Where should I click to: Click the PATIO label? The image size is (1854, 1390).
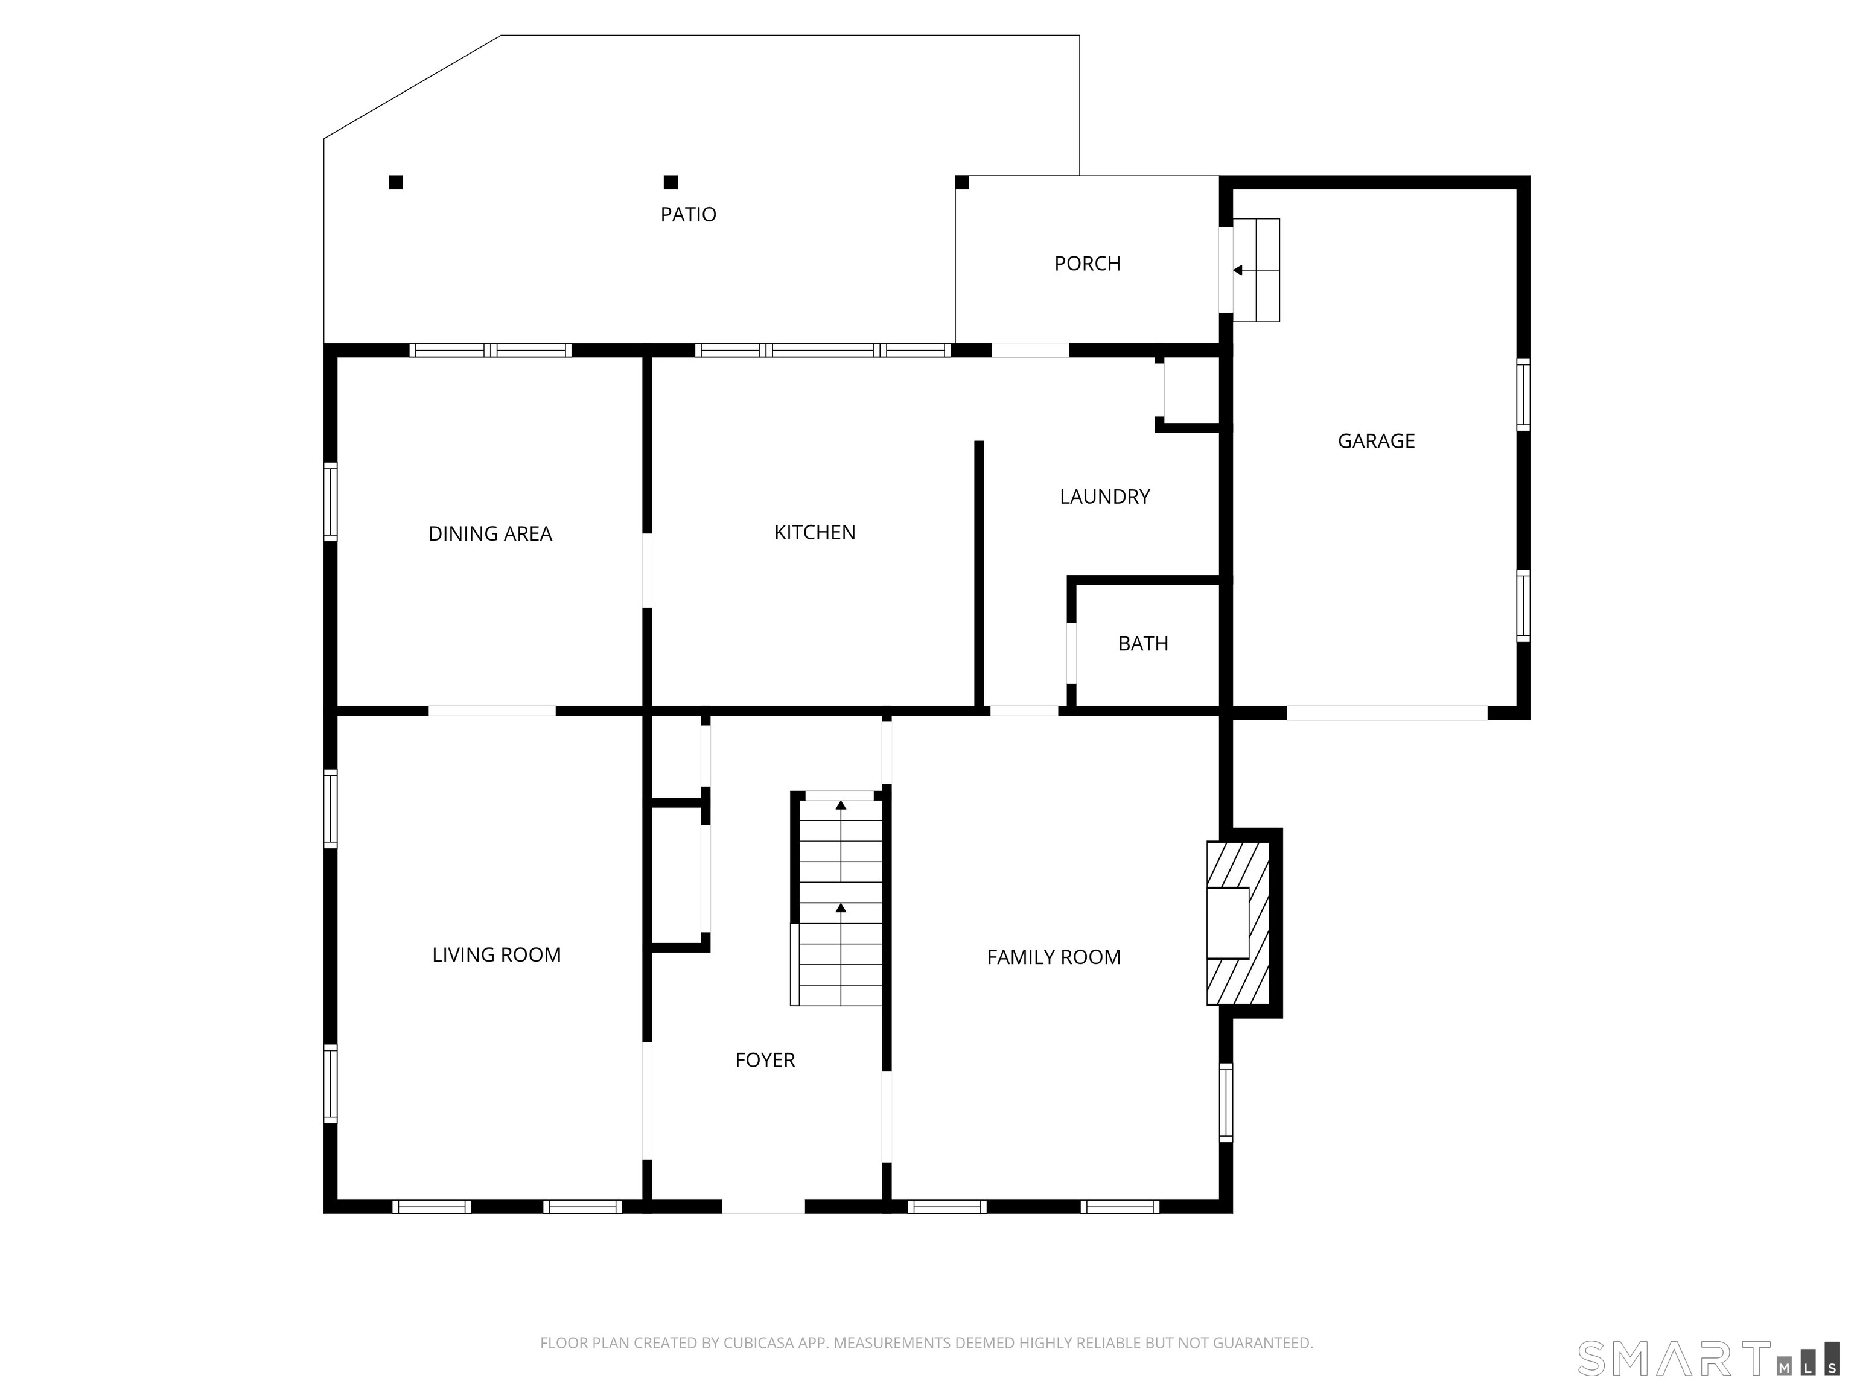688,215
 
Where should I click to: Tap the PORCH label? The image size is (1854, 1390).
1087,264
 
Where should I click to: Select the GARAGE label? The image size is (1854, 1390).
1376,441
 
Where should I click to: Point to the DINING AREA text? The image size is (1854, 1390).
490,534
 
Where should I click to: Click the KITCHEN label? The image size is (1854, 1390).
815,532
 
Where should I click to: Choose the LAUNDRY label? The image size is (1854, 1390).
1104,497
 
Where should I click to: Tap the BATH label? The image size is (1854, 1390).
1143,644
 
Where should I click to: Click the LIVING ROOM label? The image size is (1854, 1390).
496,954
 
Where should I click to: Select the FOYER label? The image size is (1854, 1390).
765,1060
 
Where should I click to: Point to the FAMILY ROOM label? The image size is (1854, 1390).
1054,957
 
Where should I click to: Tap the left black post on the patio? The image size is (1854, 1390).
396,182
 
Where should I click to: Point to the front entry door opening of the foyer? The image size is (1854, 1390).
763,1207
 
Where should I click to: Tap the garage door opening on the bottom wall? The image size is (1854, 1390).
1387,713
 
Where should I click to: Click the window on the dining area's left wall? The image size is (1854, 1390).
330,502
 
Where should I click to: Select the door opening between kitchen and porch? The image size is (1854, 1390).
1030,351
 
